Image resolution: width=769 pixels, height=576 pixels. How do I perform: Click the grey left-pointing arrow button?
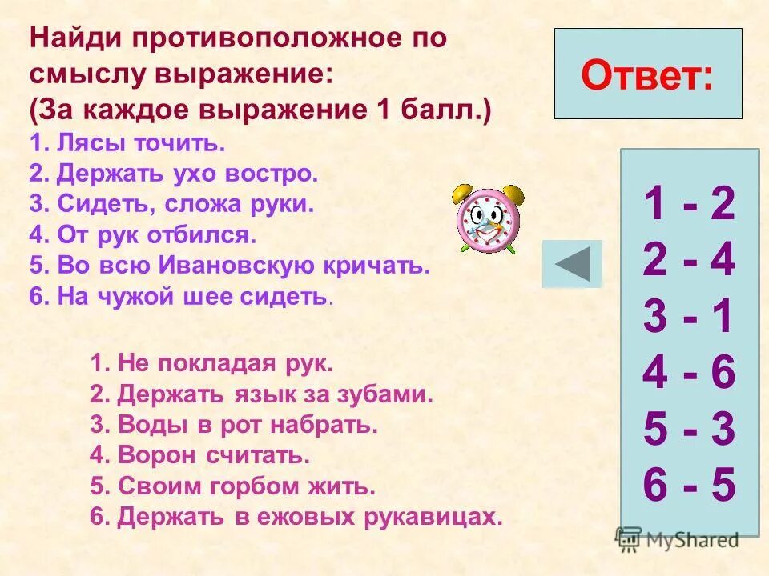click(572, 263)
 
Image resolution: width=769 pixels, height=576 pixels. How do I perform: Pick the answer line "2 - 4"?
click(689, 262)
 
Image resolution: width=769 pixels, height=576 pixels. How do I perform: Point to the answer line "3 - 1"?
click(689, 318)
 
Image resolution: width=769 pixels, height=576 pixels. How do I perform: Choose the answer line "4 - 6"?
click(689, 374)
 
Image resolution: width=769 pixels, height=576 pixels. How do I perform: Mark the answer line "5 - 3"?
click(689, 430)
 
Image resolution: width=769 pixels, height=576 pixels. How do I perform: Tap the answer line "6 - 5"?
click(689, 486)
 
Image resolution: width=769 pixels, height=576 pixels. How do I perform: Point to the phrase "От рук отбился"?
click(157, 235)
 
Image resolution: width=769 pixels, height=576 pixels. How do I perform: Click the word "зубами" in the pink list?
click(391, 394)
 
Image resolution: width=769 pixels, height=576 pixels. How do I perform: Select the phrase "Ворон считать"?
click(212, 455)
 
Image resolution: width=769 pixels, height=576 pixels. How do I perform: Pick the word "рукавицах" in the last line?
click(440, 517)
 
